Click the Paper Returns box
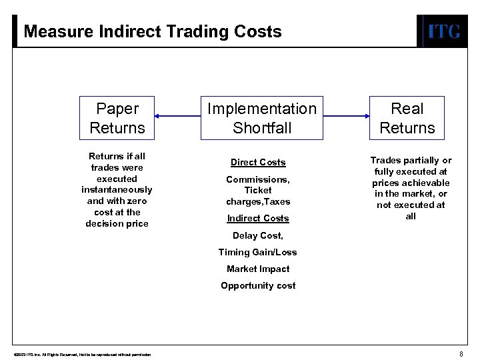pyautogui.click(x=117, y=118)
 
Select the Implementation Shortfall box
pyautogui.click(x=262, y=118)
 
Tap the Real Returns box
pyautogui.click(x=407, y=118)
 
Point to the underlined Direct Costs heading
pyautogui.click(x=258, y=163)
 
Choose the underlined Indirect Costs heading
pyautogui.click(x=258, y=219)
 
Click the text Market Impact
pyautogui.click(x=258, y=269)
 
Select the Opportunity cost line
pyautogui.click(x=258, y=286)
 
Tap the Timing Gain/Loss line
pyautogui.click(x=258, y=253)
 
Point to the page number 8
pyautogui.click(x=461, y=354)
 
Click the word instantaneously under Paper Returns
pyautogui.click(x=117, y=190)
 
